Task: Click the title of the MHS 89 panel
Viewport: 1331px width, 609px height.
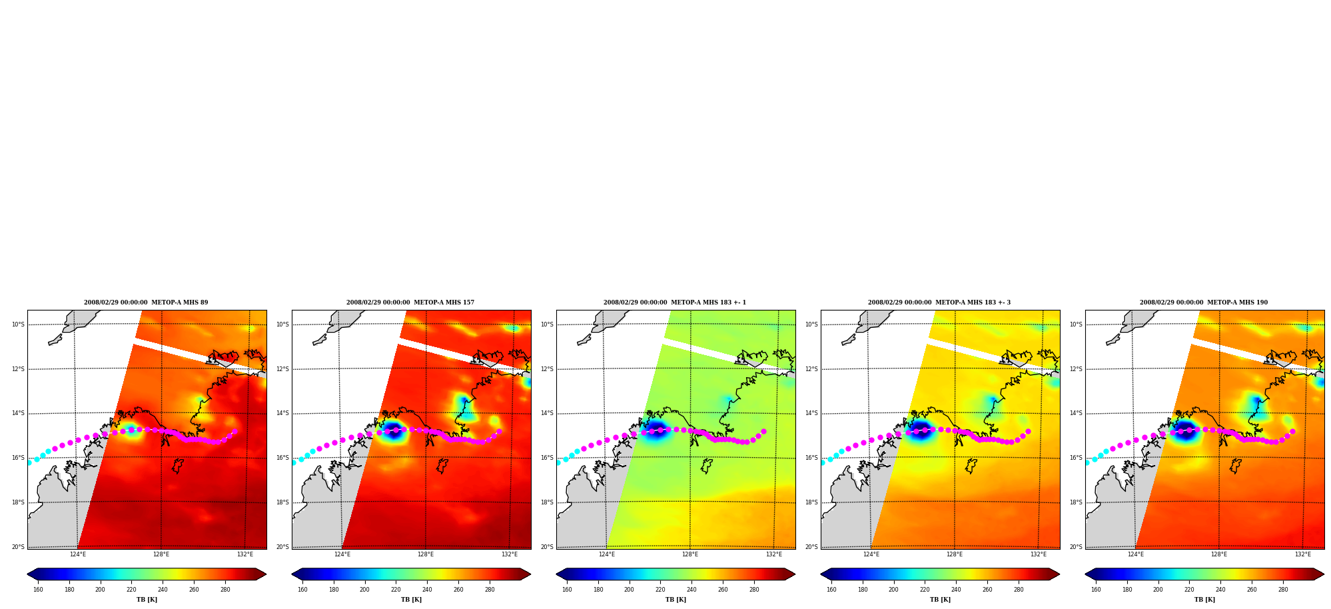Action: [x=146, y=303]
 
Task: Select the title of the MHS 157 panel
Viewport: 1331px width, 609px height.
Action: [x=410, y=303]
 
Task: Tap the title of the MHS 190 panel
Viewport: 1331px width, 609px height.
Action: [x=1204, y=303]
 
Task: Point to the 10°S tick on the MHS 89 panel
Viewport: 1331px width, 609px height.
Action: [x=18, y=324]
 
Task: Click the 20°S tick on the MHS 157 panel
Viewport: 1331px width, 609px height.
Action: [x=282, y=547]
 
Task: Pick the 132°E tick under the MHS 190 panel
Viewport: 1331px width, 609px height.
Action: [x=1302, y=554]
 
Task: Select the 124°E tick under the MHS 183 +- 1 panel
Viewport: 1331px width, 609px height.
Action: [x=606, y=554]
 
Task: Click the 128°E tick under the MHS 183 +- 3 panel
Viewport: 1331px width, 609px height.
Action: [x=954, y=554]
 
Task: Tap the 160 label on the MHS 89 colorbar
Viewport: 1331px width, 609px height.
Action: [x=38, y=589]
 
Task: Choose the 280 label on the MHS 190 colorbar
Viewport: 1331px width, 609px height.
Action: [x=1283, y=589]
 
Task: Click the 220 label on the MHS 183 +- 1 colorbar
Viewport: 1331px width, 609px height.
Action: [x=660, y=589]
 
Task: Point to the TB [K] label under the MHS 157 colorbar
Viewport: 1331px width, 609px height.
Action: [x=411, y=600]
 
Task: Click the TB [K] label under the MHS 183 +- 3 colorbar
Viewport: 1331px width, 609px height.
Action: [x=940, y=600]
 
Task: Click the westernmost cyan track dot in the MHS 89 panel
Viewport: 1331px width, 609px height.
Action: [x=29, y=462]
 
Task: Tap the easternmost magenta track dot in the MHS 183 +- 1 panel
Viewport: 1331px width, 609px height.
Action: [x=763, y=431]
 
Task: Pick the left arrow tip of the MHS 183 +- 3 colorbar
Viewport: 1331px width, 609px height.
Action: [x=821, y=574]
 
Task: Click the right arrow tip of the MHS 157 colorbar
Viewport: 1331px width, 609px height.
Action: [x=530, y=574]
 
